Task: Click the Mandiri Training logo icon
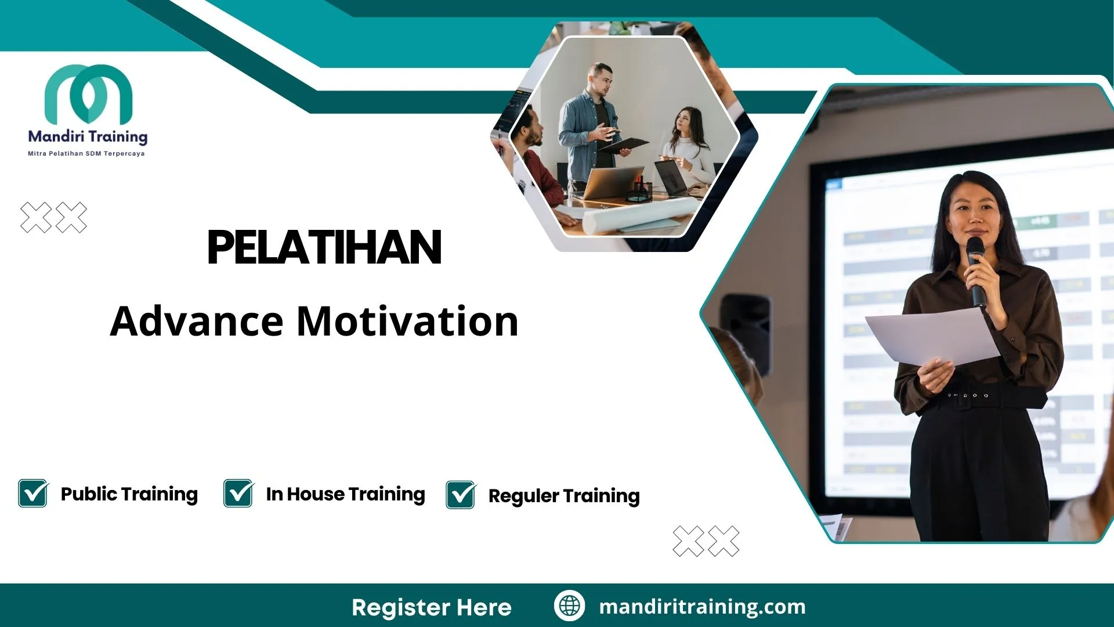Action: click(88, 94)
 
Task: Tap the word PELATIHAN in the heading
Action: click(324, 248)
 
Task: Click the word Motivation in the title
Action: click(407, 321)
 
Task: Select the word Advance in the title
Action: click(197, 321)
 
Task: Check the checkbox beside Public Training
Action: click(33, 493)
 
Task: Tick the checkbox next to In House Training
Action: click(238, 493)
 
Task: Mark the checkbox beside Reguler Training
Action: click(461, 495)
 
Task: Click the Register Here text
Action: click(432, 607)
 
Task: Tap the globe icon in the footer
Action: click(569, 606)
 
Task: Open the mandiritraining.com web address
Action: click(702, 607)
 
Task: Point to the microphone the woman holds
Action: click(976, 269)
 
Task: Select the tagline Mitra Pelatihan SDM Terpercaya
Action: click(86, 154)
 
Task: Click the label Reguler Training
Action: click(564, 496)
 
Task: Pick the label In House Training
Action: click(345, 494)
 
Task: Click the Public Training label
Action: click(129, 494)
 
